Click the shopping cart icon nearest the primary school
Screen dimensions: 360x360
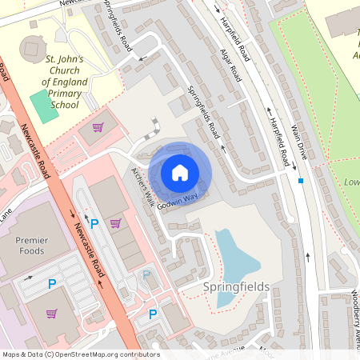[98, 127]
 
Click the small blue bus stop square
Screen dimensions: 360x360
[301, 181]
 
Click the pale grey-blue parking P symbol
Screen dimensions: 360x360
[146, 275]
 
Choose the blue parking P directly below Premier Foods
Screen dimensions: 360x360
[52, 283]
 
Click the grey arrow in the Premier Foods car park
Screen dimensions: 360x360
[30, 278]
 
